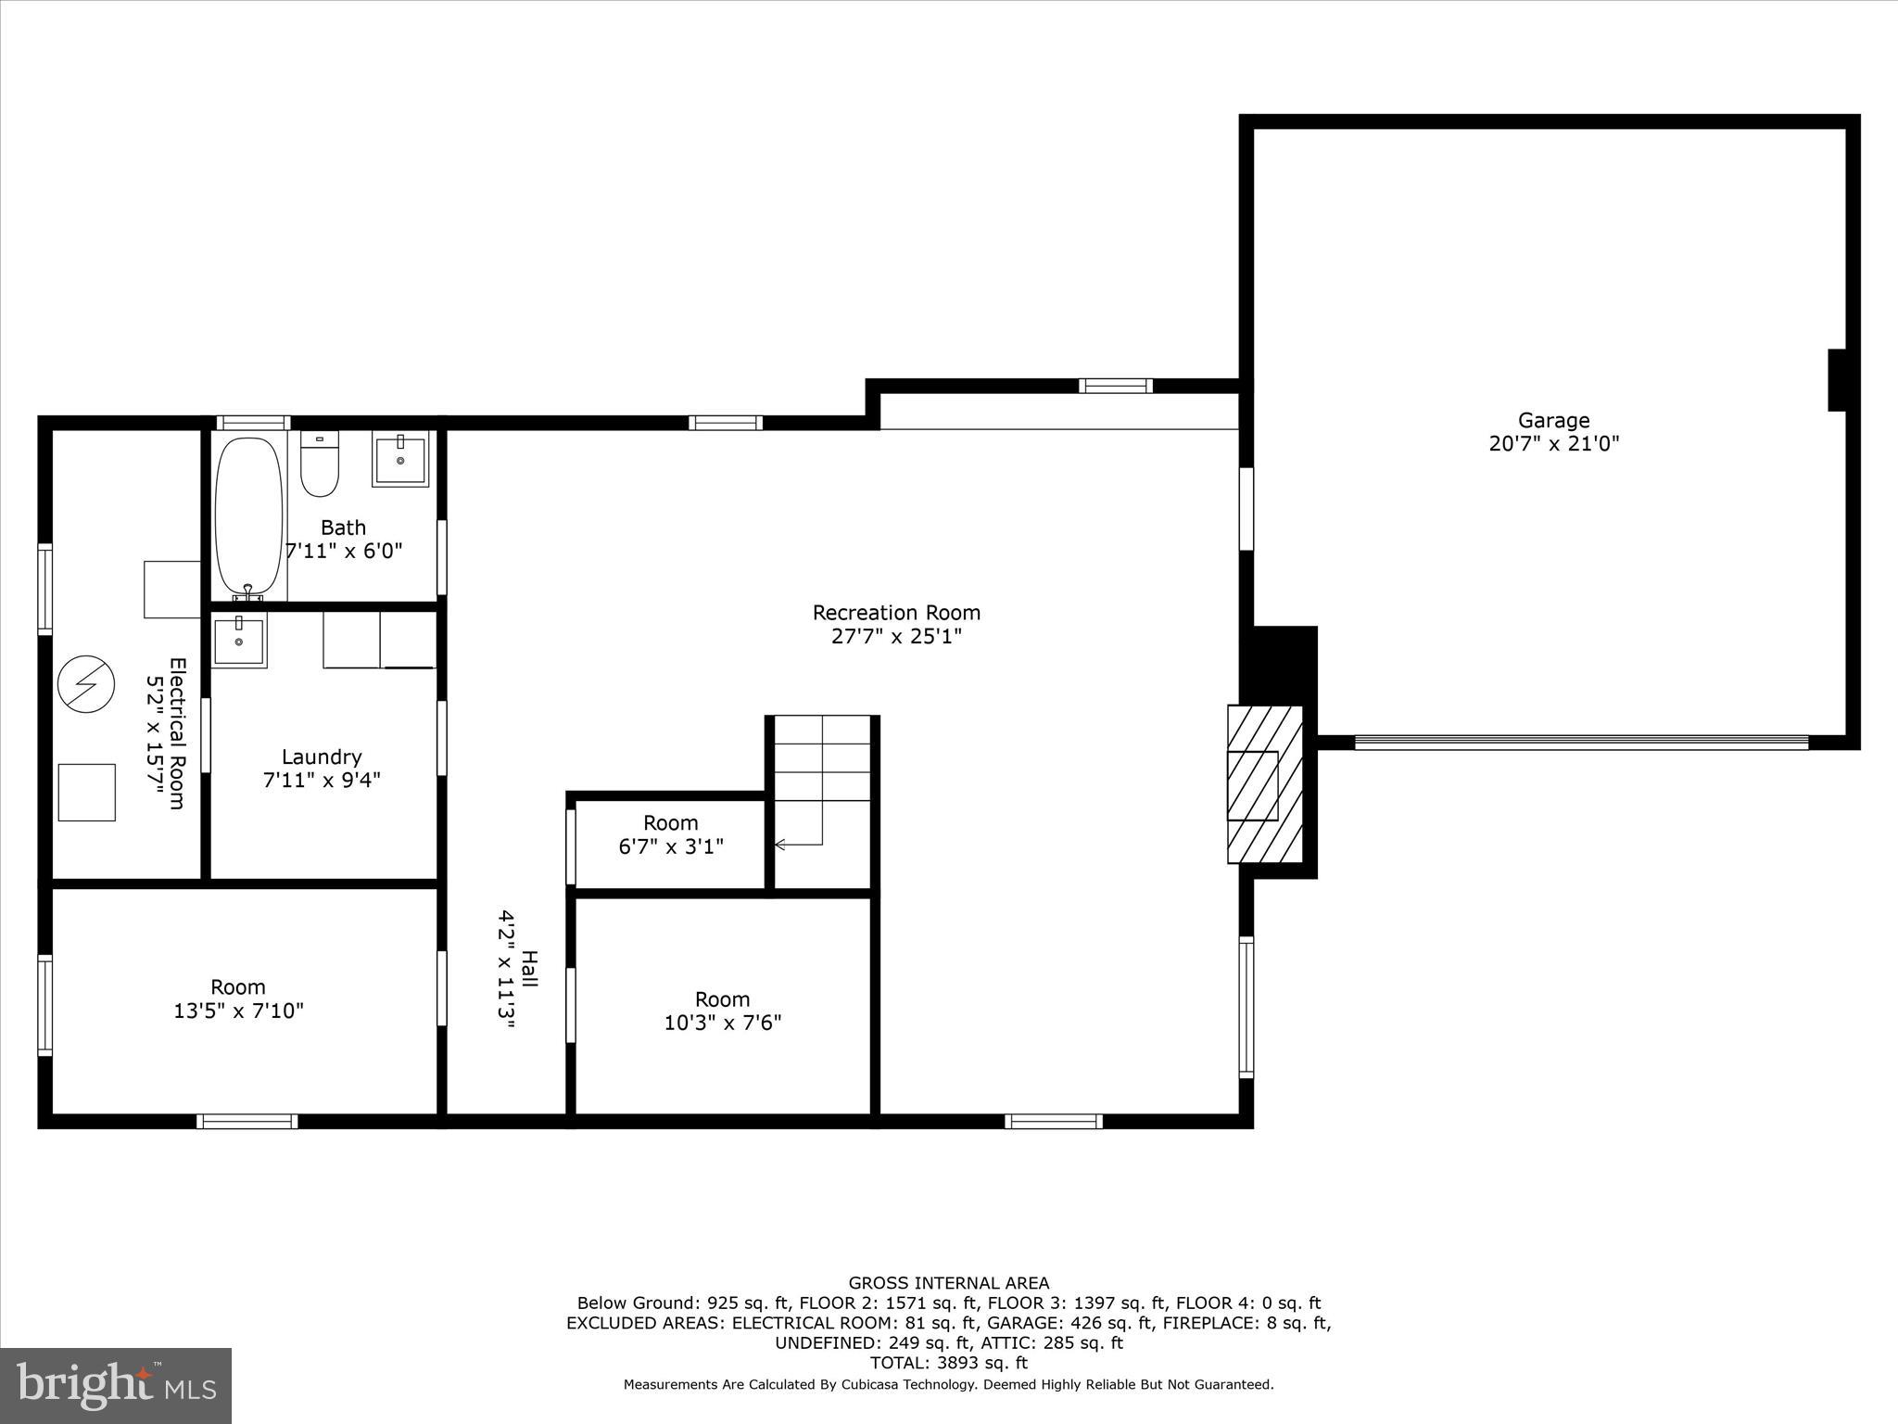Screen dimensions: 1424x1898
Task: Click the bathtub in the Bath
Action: point(248,515)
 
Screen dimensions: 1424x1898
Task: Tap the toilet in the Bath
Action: point(320,464)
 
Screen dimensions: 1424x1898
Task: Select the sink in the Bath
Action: point(400,459)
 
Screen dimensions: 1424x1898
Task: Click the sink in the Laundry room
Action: point(239,641)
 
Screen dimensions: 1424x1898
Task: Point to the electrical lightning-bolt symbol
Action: point(86,684)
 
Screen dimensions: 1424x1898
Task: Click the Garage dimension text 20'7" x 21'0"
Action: point(1553,443)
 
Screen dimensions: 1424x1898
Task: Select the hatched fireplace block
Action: point(1265,784)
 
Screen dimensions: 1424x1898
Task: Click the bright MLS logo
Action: point(116,1384)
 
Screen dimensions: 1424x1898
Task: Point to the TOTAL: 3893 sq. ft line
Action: point(948,1363)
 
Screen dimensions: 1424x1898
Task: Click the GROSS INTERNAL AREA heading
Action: point(948,1283)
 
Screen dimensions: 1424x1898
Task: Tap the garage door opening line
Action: point(1581,742)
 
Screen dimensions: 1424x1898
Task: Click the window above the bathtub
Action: point(253,423)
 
